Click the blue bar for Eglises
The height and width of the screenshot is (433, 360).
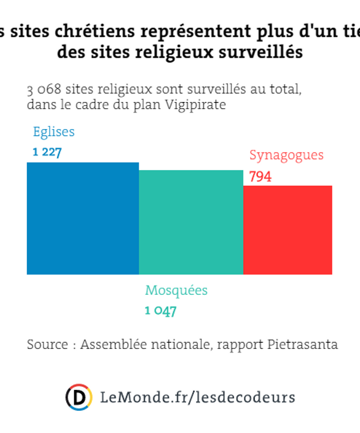point(83,218)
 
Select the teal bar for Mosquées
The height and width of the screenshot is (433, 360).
point(191,222)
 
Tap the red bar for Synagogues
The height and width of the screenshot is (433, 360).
point(287,229)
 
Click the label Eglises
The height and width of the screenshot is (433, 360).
point(54,132)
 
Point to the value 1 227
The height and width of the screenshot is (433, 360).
point(47,152)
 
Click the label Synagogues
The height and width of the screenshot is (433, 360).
point(286,155)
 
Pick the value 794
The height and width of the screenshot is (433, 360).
point(260,177)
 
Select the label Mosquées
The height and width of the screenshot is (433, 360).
point(176,291)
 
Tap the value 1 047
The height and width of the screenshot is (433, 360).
point(160,311)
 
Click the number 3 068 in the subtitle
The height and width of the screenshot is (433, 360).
point(44,90)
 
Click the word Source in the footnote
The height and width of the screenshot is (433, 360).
point(47,345)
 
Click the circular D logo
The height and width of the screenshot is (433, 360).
point(79,397)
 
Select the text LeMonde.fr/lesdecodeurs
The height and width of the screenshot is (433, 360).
point(197,397)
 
